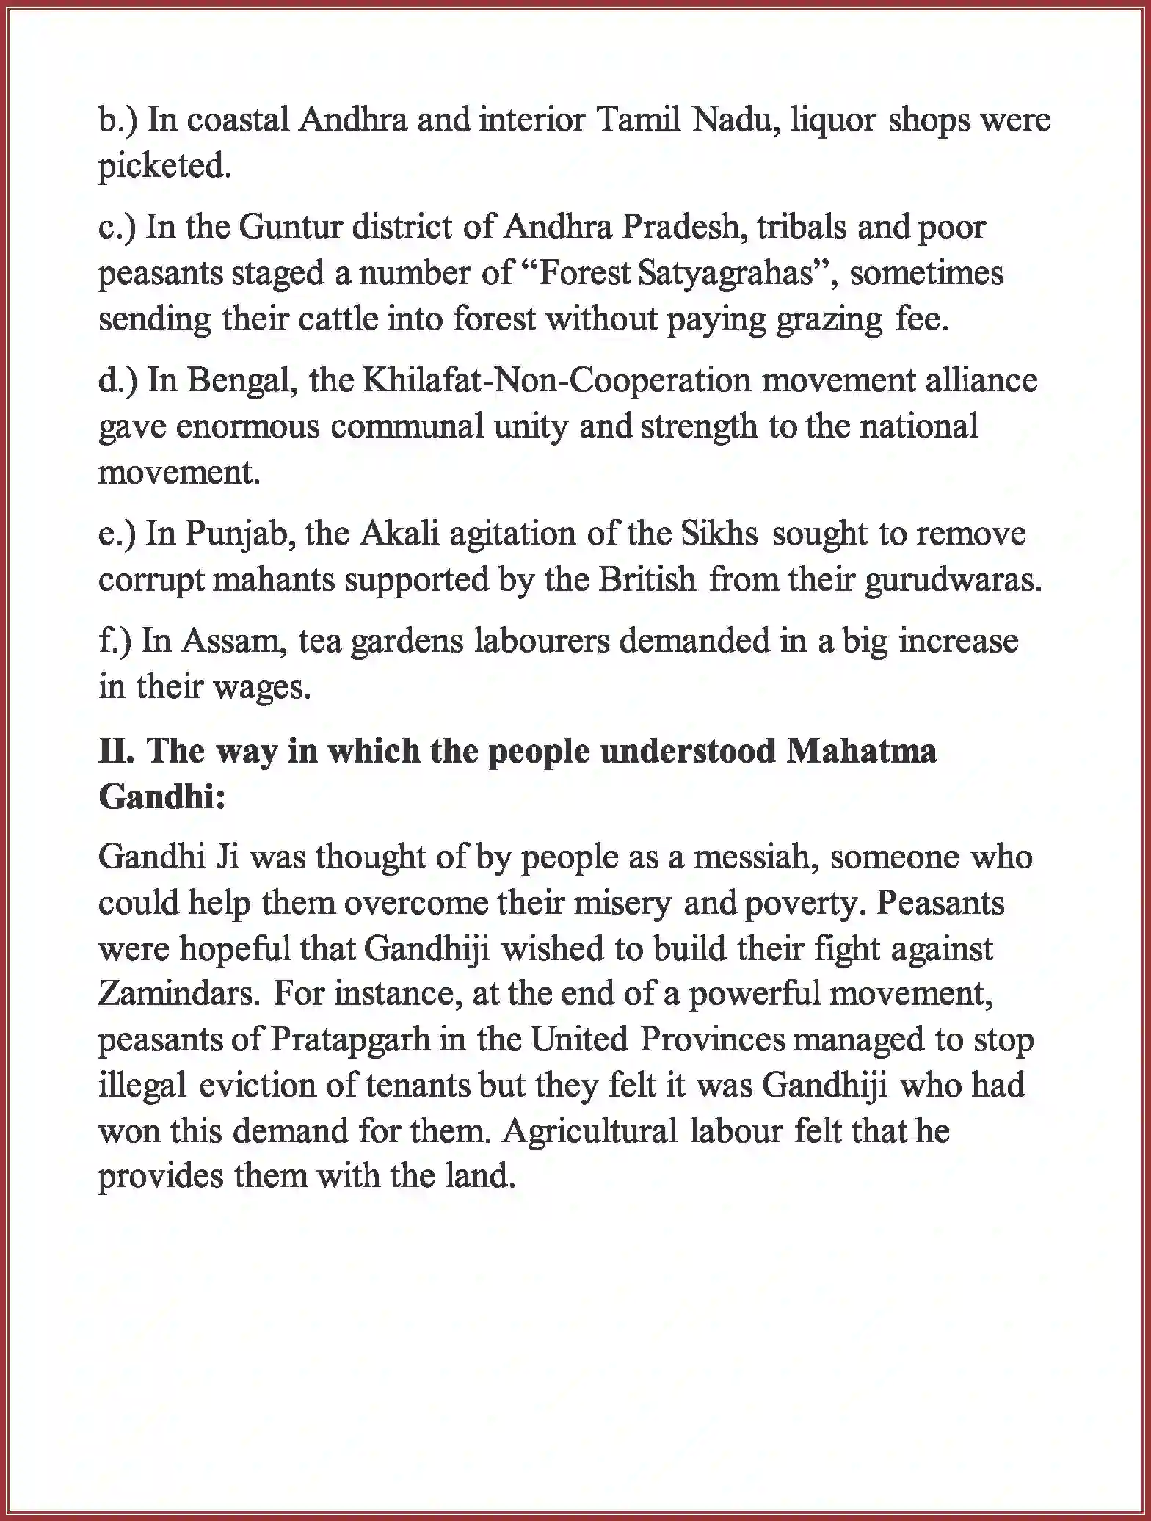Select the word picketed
coord(164,167)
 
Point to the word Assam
coord(233,641)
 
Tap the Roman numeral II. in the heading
coord(117,752)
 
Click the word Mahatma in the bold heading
coord(861,752)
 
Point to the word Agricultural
coord(590,1130)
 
